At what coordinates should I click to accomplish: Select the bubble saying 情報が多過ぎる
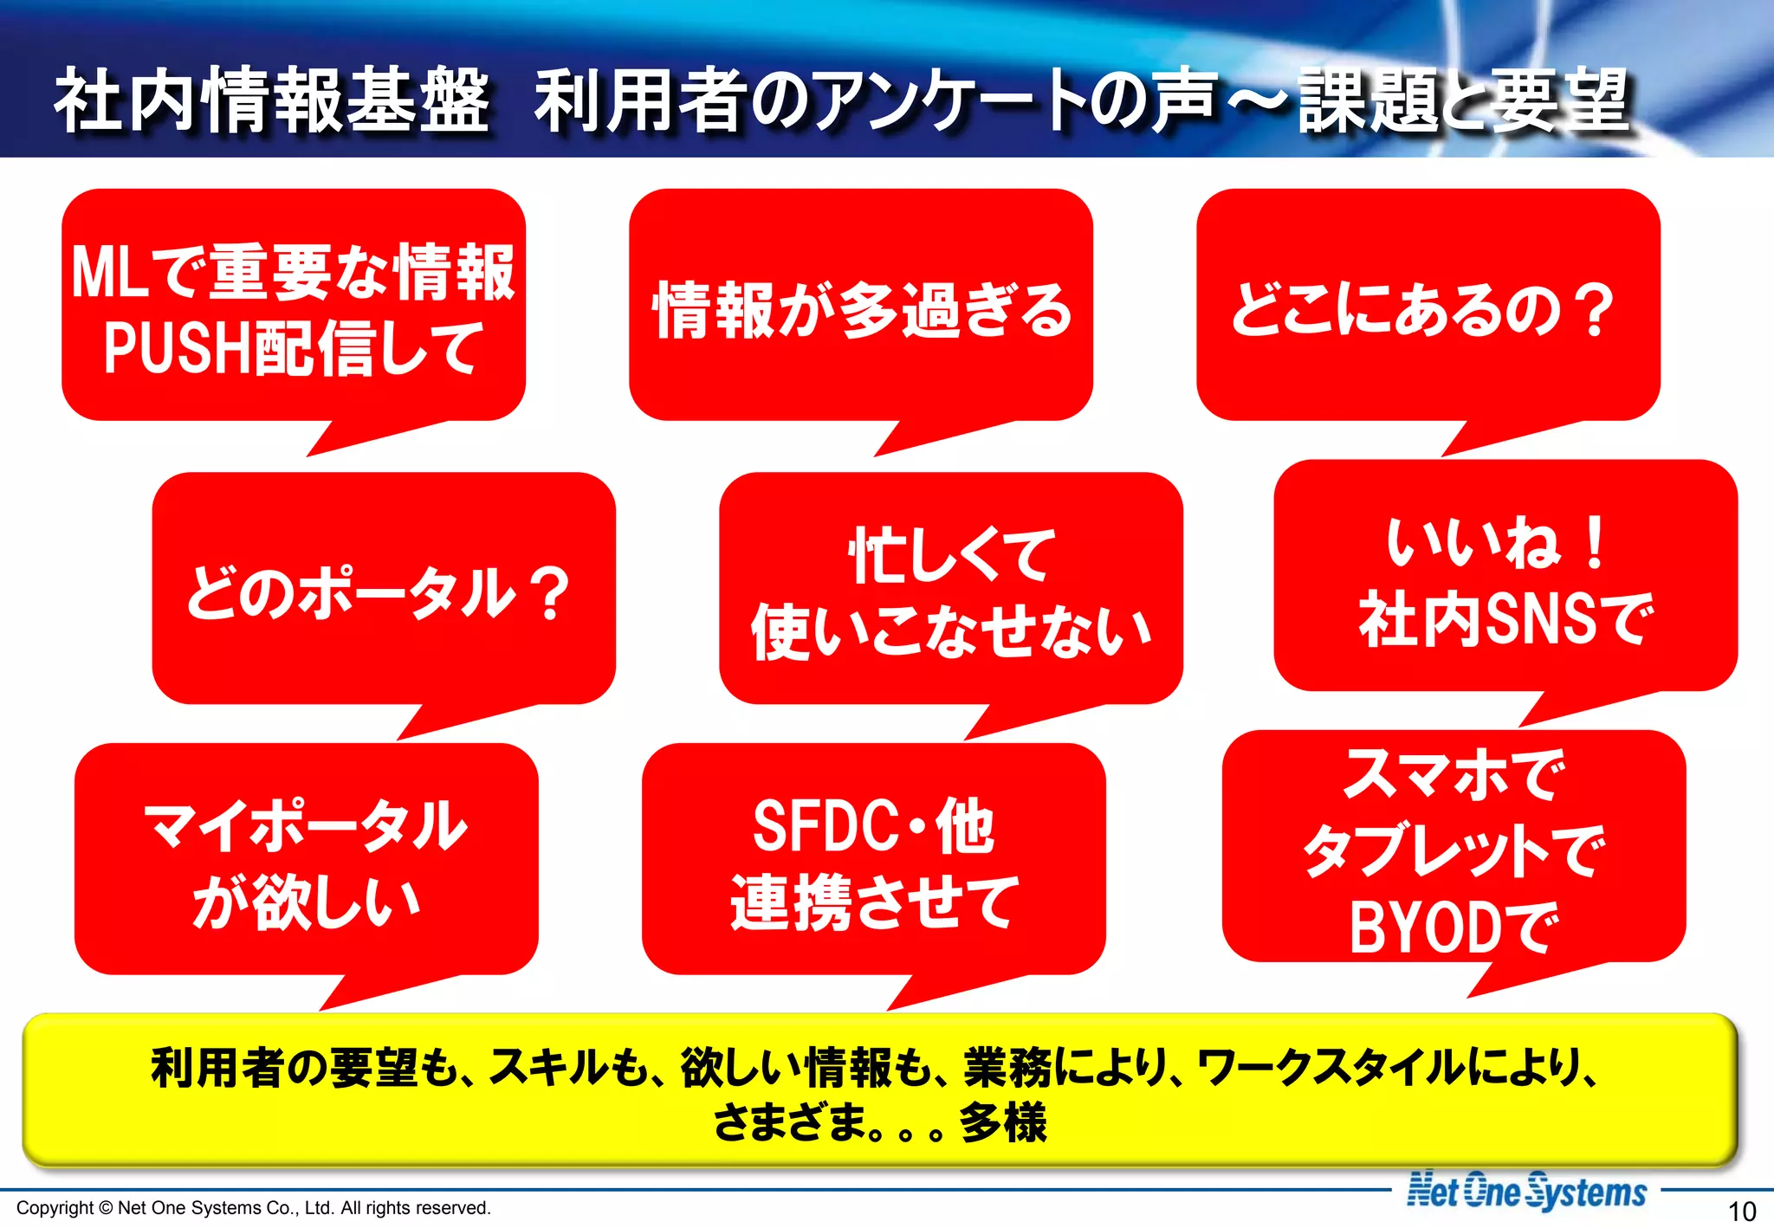click(x=861, y=310)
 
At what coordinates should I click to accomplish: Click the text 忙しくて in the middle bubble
click(x=951, y=556)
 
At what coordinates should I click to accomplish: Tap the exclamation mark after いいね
click(x=1595, y=543)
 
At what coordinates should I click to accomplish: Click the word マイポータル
click(x=306, y=826)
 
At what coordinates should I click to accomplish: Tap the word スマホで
click(x=1454, y=775)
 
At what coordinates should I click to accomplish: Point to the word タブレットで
click(x=1454, y=851)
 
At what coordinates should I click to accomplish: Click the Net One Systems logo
click(x=1526, y=1192)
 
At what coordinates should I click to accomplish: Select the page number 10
click(x=1741, y=1211)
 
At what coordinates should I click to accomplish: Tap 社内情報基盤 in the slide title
click(x=271, y=101)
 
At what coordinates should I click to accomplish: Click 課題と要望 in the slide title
click(x=1464, y=101)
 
